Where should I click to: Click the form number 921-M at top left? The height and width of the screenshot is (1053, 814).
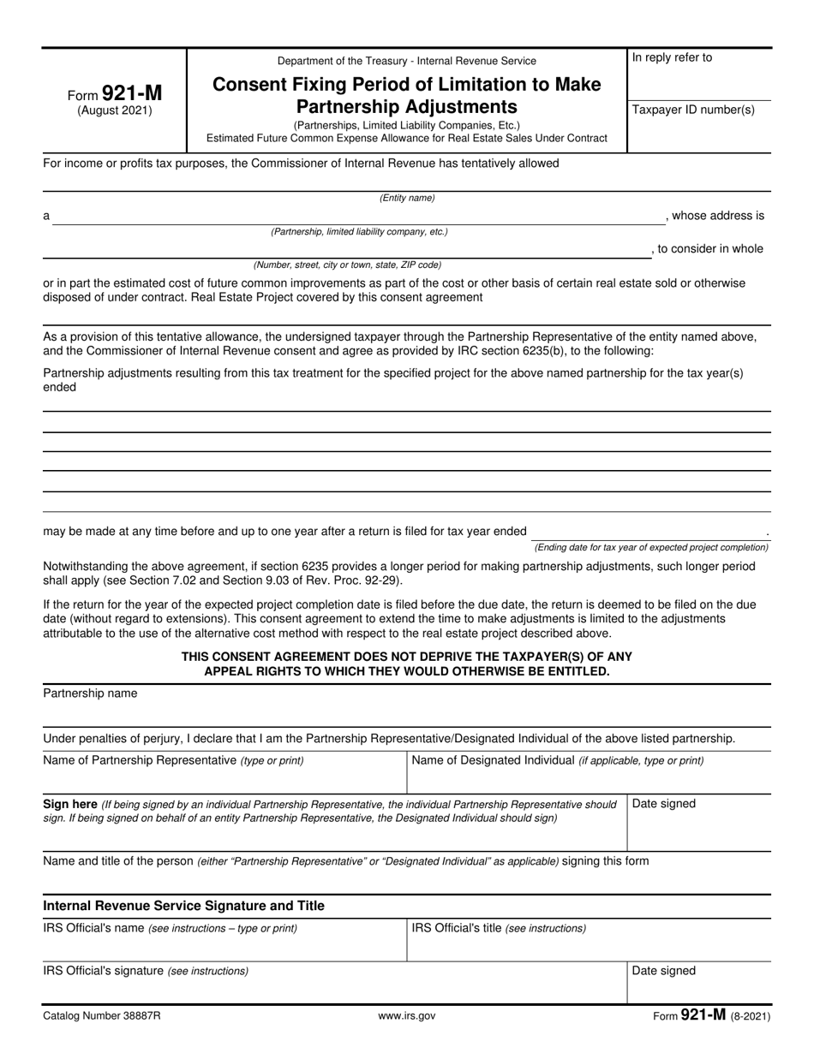(x=130, y=93)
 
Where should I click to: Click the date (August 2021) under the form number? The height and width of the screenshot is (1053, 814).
(x=115, y=110)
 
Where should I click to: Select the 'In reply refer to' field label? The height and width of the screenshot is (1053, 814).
(x=672, y=58)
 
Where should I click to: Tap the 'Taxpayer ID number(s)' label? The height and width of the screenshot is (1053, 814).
(x=693, y=110)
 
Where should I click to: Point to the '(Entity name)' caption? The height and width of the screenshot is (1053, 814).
(x=407, y=198)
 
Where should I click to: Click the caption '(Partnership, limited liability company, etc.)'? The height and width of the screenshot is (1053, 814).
(x=359, y=232)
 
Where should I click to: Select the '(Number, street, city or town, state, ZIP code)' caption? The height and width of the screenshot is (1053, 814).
(x=347, y=265)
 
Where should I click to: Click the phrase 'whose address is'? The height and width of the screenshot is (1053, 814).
(x=718, y=216)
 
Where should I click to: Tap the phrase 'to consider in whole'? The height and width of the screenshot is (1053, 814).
(x=710, y=249)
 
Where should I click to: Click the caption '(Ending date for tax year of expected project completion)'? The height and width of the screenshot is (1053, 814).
(x=651, y=547)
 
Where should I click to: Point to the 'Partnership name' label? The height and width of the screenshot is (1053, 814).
(x=90, y=693)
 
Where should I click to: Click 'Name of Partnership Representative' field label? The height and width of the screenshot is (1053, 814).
(x=140, y=760)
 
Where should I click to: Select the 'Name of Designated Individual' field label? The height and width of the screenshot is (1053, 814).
(x=493, y=760)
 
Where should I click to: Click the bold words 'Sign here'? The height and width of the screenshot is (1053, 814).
(x=70, y=805)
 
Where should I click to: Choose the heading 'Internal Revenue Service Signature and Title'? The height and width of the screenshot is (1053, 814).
(x=184, y=906)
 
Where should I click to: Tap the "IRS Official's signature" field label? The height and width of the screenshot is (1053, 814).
(x=103, y=971)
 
